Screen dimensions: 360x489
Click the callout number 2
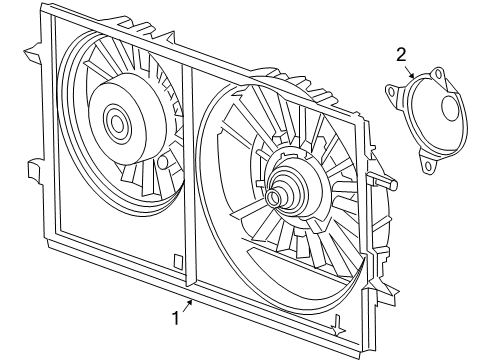(401, 54)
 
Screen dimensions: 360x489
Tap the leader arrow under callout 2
(410, 72)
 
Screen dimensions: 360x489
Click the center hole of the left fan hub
(117, 125)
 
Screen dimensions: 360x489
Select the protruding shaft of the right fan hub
(273, 197)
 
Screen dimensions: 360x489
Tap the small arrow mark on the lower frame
(339, 324)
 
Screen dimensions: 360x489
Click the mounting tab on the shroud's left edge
(35, 171)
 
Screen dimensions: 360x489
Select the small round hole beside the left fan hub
(162, 161)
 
